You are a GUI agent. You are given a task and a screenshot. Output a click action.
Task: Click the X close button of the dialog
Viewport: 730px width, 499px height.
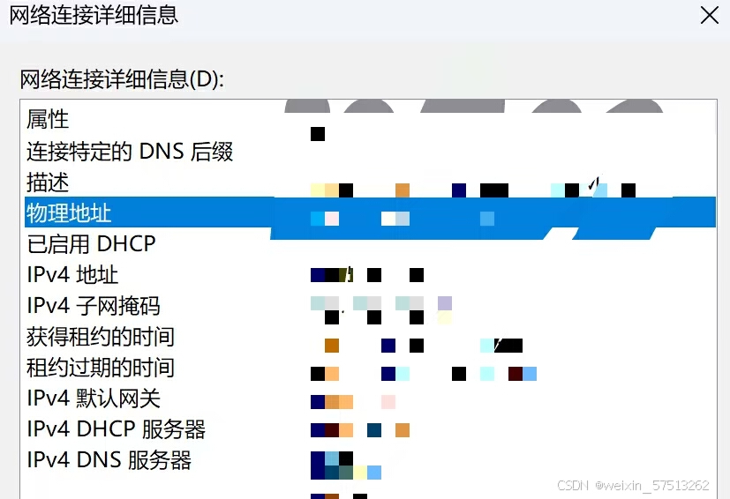pyautogui.click(x=709, y=15)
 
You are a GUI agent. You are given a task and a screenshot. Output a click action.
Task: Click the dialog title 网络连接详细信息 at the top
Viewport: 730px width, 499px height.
pyautogui.click(x=93, y=15)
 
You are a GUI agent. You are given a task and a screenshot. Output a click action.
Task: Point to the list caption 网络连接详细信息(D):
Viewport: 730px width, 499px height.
pyautogui.click(x=122, y=79)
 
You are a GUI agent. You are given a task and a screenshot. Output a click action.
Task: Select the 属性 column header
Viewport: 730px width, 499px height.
pyautogui.click(x=48, y=119)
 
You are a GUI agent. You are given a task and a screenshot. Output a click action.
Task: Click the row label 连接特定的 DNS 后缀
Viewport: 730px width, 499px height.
pyautogui.click(x=130, y=152)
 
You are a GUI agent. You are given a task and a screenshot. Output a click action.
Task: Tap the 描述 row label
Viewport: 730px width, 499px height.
pyautogui.click(x=48, y=182)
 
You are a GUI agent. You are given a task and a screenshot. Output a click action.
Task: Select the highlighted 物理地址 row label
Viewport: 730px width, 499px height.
pyautogui.click(x=69, y=212)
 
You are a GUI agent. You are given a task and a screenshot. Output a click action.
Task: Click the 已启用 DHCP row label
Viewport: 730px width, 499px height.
pyautogui.click(x=91, y=243)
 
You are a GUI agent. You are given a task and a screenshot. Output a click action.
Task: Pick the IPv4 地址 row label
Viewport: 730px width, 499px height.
pyautogui.click(x=72, y=275)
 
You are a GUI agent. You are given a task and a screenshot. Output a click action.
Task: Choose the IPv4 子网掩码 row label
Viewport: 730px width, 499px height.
pyautogui.click(x=94, y=306)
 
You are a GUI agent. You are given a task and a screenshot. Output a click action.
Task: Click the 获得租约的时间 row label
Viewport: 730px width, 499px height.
pyautogui.click(x=101, y=337)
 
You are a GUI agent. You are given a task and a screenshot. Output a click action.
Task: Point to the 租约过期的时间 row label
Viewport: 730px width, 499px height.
pyautogui.click(x=101, y=368)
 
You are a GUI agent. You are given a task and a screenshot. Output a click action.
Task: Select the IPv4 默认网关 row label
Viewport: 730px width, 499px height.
pyautogui.click(x=94, y=398)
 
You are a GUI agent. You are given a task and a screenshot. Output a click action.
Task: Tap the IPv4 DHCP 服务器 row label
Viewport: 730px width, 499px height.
pyautogui.click(x=116, y=429)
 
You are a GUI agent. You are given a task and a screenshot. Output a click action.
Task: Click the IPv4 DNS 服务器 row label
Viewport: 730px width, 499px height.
pyautogui.click(x=109, y=460)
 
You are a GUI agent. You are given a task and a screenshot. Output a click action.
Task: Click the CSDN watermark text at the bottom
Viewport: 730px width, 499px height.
pyautogui.click(x=633, y=486)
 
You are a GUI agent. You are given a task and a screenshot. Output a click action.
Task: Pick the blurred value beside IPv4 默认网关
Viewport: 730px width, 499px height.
pyautogui.click(x=353, y=402)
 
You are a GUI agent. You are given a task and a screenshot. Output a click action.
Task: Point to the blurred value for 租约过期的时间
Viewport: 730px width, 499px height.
pyautogui.click(x=424, y=374)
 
